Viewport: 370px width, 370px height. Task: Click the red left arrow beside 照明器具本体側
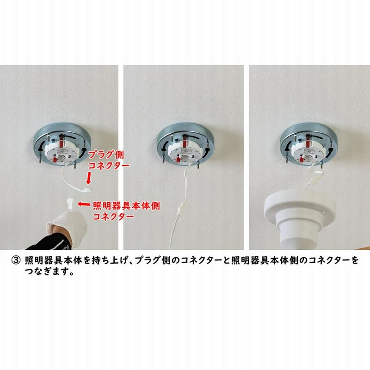point(83,203)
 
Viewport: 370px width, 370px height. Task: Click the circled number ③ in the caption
point(15,260)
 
